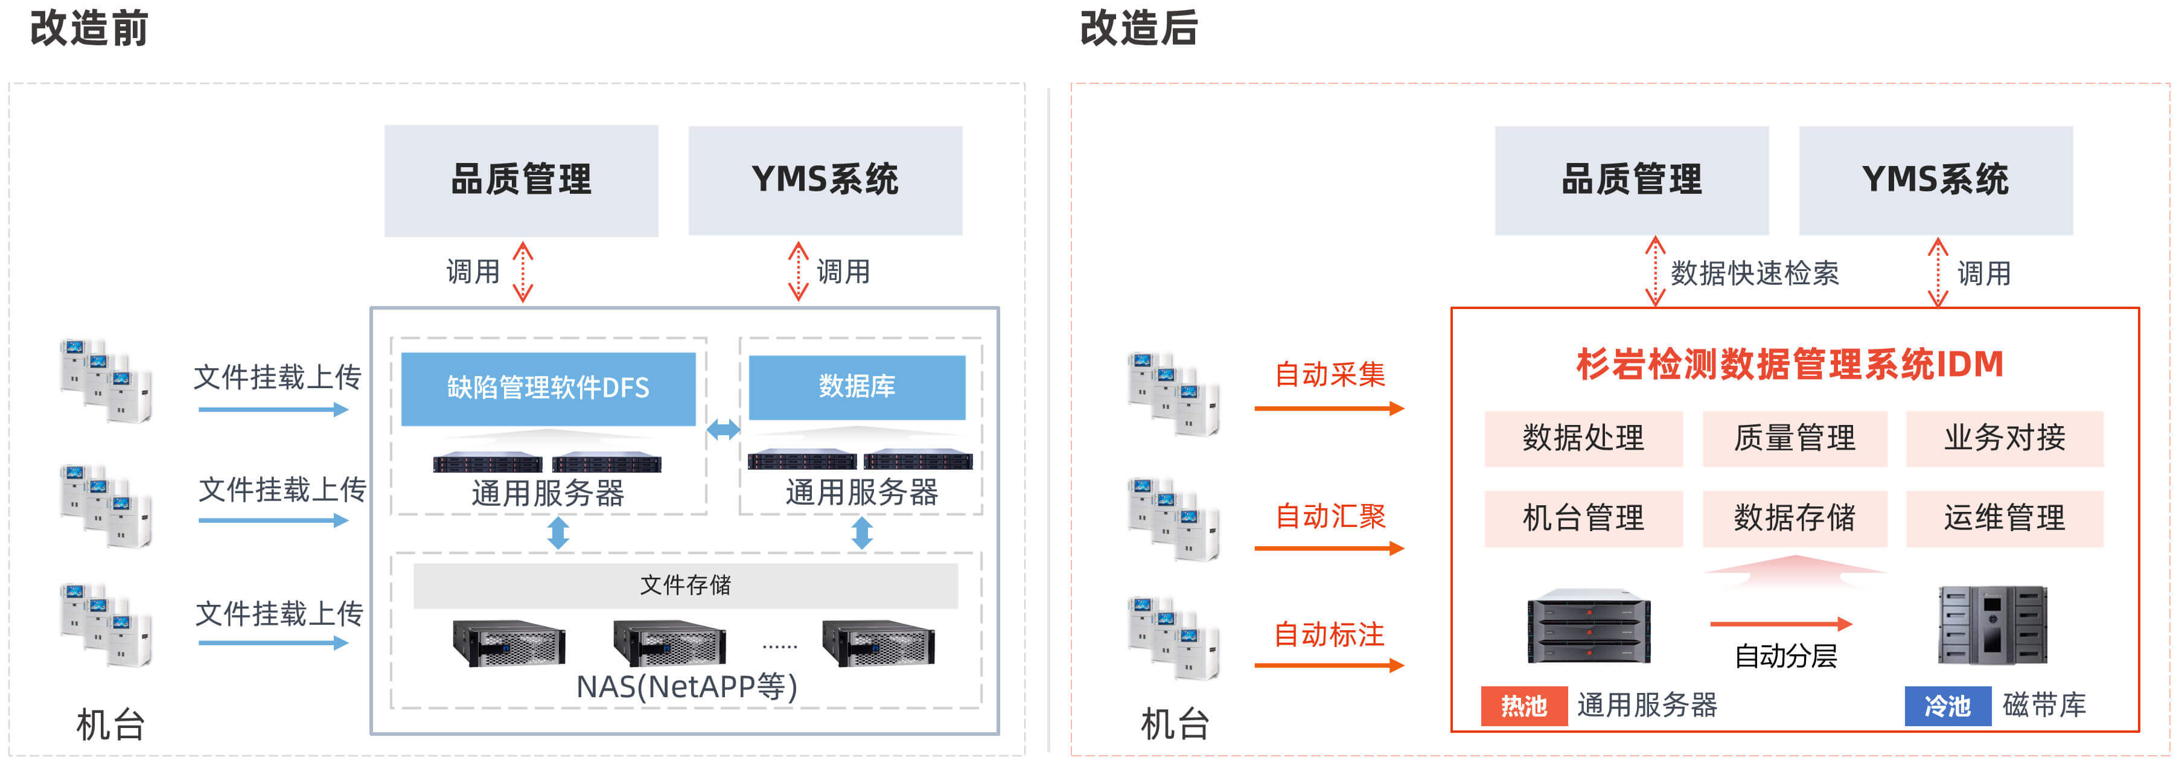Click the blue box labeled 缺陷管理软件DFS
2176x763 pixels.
coord(547,388)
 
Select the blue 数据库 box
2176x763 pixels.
coord(857,386)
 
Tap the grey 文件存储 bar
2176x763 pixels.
coord(685,585)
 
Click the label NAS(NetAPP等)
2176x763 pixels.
coord(686,686)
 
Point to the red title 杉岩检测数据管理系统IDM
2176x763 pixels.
coord(1790,364)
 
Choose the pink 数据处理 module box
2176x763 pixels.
coord(1583,438)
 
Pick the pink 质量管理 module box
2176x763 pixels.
coord(1794,438)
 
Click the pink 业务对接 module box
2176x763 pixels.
coord(2004,438)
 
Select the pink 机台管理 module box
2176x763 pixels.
coord(1583,517)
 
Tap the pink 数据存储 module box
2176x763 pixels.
coord(1794,517)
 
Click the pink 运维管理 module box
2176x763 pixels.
coord(2004,517)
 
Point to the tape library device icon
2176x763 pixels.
coord(1992,625)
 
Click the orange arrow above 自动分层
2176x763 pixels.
coord(1781,624)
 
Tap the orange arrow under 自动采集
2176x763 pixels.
coord(1329,408)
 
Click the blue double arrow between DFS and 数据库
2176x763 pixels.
coord(723,429)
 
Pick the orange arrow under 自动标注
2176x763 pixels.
coord(1329,665)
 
